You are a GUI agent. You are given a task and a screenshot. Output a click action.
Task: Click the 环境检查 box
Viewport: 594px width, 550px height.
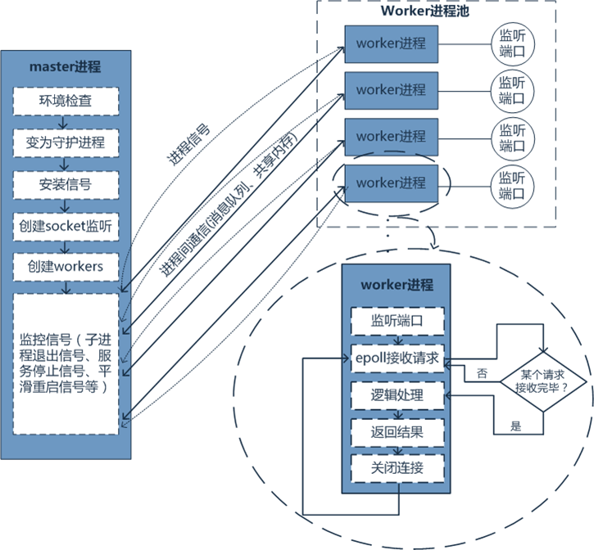(x=66, y=101)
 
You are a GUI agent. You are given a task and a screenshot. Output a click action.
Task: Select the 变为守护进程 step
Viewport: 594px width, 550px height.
(x=66, y=142)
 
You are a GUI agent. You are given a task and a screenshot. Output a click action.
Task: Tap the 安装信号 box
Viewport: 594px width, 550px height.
(x=66, y=183)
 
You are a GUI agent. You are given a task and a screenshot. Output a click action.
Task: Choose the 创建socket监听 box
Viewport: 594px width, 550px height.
(x=66, y=225)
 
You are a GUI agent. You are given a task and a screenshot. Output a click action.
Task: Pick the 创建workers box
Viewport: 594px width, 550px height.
(x=66, y=266)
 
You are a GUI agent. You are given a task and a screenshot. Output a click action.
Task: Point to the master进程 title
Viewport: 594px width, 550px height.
(x=65, y=66)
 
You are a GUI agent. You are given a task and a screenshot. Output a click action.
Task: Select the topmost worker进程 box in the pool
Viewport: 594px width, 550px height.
(x=391, y=43)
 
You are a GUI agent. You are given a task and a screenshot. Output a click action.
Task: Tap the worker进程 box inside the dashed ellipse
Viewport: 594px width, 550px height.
(x=391, y=183)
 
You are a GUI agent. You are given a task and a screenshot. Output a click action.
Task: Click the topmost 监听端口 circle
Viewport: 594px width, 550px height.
(x=512, y=43)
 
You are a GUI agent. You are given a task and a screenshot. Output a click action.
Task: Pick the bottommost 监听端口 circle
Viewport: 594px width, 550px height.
(x=512, y=183)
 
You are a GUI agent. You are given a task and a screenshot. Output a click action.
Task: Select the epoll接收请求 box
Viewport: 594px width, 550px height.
(x=397, y=358)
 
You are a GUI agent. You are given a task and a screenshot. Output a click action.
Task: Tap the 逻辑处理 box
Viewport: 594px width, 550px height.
(x=397, y=394)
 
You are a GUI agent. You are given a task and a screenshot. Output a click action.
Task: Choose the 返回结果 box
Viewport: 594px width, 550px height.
(x=397, y=431)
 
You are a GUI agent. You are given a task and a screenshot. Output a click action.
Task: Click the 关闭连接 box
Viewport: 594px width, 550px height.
(x=397, y=468)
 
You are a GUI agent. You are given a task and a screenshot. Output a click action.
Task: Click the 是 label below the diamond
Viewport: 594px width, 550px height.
(x=515, y=426)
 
